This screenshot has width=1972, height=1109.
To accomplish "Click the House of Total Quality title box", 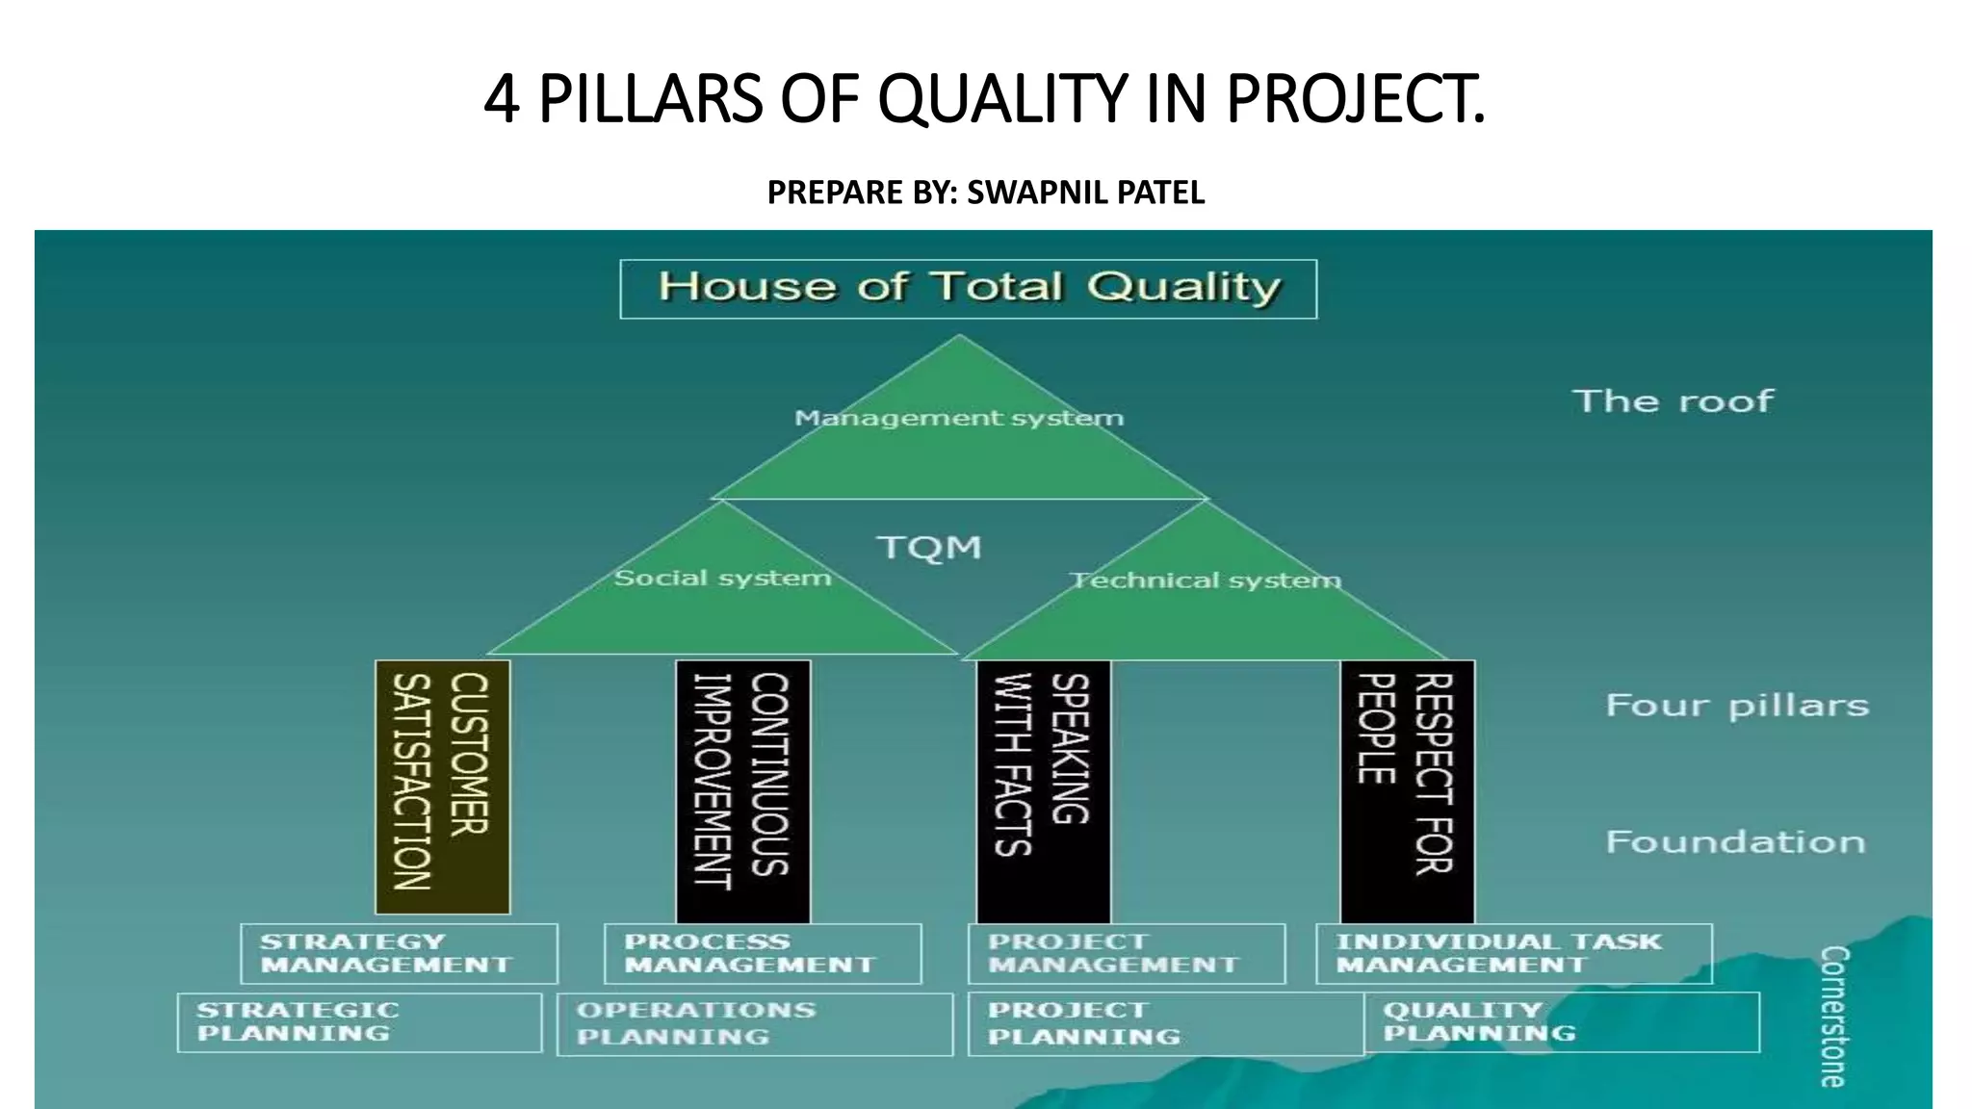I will [x=968, y=289].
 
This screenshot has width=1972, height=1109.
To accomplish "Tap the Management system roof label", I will [x=959, y=418].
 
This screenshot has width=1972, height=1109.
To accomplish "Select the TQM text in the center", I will [x=929, y=548].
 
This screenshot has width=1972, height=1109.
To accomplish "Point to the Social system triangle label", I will [x=722, y=578].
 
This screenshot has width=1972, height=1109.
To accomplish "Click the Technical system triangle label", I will [x=1206, y=580].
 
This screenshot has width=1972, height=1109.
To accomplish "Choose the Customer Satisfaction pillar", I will [x=442, y=786].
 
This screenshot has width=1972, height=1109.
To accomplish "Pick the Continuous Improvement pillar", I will [x=742, y=789].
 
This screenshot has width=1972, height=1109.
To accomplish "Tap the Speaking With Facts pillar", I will [x=1043, y=789].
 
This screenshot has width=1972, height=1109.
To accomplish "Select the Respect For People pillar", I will [x=1407, y=789].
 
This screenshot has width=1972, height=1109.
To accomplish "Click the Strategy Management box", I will [x=399, y=953].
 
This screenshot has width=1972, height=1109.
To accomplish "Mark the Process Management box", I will [x=762, y=953].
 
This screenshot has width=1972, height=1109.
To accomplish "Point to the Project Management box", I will [x=1126, y=953].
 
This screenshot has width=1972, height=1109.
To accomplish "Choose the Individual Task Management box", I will [x=1513, y=953].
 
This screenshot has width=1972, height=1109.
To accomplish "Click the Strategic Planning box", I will [x=359, y=1022].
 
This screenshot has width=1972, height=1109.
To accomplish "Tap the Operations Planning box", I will [x=754, y=1024].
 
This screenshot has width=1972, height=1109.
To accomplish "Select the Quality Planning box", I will [x=1560, y=1022].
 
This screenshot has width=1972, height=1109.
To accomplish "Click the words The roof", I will [x=1673, y=400].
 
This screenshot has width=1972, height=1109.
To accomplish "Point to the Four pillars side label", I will [x=1737, y=706].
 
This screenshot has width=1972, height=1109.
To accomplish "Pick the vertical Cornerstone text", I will [x=1832, y=1017].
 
